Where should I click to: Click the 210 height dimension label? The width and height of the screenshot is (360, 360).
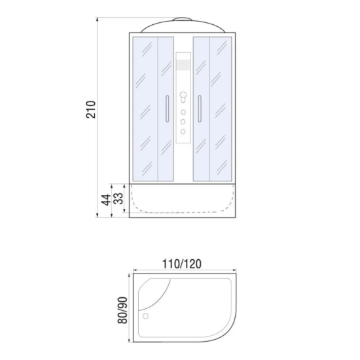pos(91,109)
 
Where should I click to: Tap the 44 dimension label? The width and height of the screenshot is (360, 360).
pos(106,200)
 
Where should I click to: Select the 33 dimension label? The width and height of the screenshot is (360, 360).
pos(118,198)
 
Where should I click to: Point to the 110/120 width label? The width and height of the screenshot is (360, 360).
pos(182,264)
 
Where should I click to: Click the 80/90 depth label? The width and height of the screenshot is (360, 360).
pos(122,310)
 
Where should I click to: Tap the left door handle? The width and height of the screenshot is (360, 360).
pos(167,109)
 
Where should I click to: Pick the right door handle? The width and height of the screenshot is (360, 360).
pos(200,109)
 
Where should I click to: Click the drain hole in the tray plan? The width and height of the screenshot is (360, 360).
pos(145,316)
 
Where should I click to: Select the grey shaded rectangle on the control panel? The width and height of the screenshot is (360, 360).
pos(183,65)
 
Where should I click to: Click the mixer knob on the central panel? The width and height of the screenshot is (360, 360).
pos(183,96)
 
